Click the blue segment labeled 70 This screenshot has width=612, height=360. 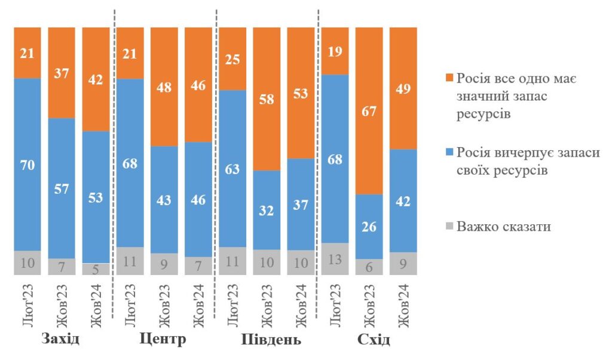click(27, 164)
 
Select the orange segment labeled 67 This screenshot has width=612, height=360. click(369, 111)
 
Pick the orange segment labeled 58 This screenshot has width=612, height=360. click(267, 99)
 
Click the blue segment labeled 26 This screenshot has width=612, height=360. click(369, 227)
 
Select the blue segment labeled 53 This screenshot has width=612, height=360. click(96, 197)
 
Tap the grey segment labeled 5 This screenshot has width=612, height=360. click(96, 269)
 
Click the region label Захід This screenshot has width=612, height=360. click(61, 340)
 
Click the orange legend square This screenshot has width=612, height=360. click(449, 80)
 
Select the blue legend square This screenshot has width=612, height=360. click(449, 154)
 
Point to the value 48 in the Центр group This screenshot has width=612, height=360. click(164, 87)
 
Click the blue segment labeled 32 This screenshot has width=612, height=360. click(267, 210)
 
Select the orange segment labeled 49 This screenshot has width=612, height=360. click(403, 89)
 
